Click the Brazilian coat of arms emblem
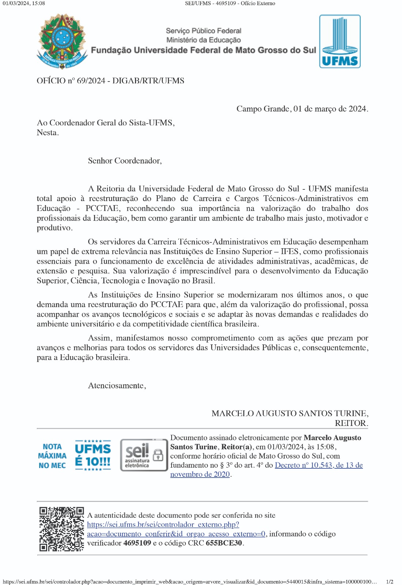[61, 41]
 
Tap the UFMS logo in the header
[340, 41]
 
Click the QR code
[61, 529]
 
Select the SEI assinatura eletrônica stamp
[143, 455]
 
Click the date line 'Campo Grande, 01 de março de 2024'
[302, 109]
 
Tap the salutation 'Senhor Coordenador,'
[125, 161]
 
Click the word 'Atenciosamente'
[117, 386]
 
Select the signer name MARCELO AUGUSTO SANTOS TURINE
[289, 414]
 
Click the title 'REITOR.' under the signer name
[351, 423]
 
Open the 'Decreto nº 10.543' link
[318, 465]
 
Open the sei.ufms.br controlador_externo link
[163, 525]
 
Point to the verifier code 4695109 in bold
[137, 543]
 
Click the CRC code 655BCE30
[224, 543]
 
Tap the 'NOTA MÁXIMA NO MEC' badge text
[52, 456]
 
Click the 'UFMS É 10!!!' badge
[93, 455]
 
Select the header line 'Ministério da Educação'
[203, 40]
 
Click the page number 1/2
[390, 582]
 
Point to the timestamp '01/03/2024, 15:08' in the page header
[24, 3]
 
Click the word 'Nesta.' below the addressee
[48, 133]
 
